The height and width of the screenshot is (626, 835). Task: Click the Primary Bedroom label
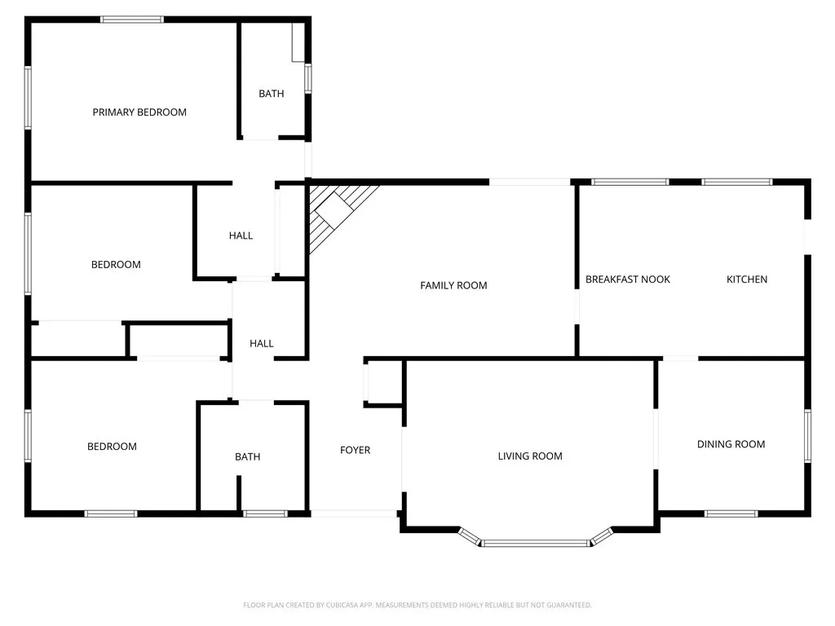(x=139, y=112)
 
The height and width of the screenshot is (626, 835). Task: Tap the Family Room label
(x=453, y=285)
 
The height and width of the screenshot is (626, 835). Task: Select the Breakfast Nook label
(x=628, y=280)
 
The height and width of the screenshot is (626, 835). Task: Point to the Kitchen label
(x=747, y=280)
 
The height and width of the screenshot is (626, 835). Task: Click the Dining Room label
(x=731, y=444)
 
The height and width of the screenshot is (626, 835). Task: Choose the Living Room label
(x=530, y=456)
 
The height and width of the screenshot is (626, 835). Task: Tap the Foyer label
(x=355, y=450)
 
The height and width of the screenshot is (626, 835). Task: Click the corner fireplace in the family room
(x=337, y=212)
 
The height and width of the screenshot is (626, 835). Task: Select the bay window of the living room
(x=535, y=541)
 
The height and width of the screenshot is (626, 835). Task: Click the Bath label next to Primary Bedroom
(x=272, y=94)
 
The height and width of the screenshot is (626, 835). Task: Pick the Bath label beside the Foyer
(x=248, y=457)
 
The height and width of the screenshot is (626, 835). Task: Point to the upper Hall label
(x=241, y=236)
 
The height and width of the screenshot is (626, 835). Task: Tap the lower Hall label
(x=261, y=344)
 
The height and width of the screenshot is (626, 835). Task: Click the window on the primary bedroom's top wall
(x=132, y=20)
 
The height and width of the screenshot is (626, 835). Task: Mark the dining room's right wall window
(x=808, y=436)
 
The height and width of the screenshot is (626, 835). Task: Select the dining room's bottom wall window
(x=731, y=514)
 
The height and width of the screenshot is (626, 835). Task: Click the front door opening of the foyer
(x=355, y=514)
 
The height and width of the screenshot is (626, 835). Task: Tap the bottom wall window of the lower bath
(x=265, y=514)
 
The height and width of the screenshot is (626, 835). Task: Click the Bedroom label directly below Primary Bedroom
(x=116, y=265)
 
